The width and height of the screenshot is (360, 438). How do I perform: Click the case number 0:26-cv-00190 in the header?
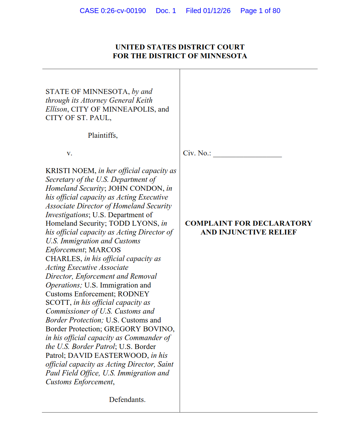click(123, 11)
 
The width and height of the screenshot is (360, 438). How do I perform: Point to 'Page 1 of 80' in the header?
click(260, 11)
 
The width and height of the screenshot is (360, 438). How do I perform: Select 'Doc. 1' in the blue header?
click(166, 11)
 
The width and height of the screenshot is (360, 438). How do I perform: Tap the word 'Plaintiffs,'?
click(103, 135)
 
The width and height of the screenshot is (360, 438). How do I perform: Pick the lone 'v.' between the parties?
click(70, 153)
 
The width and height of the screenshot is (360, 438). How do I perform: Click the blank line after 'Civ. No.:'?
click(247, 154)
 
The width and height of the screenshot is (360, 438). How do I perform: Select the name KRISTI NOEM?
click(70, 171)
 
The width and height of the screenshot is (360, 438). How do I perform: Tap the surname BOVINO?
click(160, 329)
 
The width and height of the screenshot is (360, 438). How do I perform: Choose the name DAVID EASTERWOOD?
click(108, 355)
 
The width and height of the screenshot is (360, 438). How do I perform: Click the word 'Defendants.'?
click(127, 399)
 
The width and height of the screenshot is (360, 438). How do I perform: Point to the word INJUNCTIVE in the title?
click(240, 232)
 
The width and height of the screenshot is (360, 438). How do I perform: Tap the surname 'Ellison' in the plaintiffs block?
click(56, 109)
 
